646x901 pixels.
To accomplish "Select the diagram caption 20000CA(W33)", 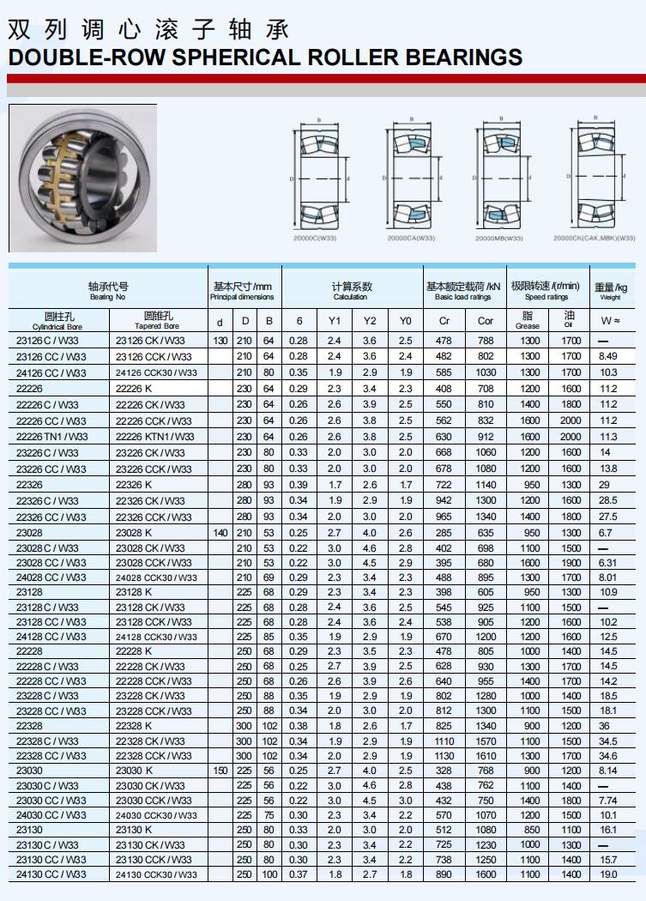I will pos(411,238).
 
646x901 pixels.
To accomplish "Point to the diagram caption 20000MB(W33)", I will pos(499,238).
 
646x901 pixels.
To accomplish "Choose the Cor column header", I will pos(486,321).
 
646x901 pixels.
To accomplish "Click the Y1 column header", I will pos(335,321).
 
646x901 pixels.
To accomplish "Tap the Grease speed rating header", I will pos(528,320).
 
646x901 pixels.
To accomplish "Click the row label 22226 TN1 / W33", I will pos(52,437).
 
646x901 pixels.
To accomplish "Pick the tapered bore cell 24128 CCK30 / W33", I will pos(157,637).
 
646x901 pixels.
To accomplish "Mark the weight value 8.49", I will pos(609,356).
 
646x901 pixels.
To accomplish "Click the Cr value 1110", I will pos(444,741).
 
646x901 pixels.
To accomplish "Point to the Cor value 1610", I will pos(486,756).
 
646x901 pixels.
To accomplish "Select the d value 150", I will pos(220,771).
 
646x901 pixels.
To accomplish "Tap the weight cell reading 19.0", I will pos(609,874).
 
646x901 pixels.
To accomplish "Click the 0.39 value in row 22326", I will pos(299,485).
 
